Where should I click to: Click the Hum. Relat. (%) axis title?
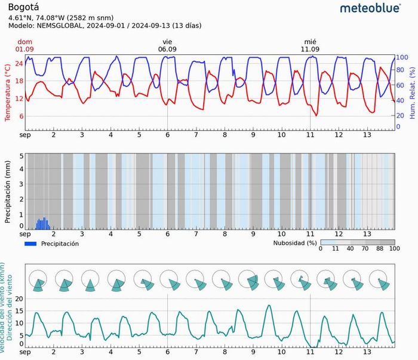[412, 92]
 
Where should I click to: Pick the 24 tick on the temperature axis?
[19, 63]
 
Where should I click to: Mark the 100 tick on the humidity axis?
[402, 57]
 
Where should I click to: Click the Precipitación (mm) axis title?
[8, 192]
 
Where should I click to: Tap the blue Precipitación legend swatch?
[31, 244]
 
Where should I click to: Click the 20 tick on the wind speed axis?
[19, 299]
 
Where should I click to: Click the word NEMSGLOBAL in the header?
[61, 26]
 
